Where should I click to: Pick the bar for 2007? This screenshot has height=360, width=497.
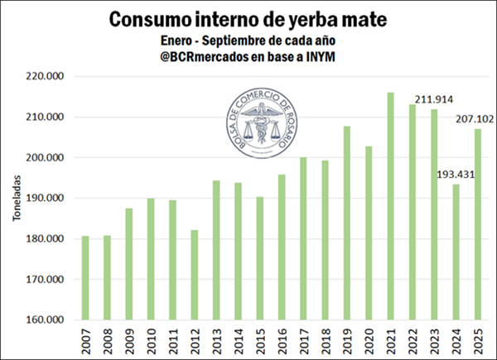[84, 278]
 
